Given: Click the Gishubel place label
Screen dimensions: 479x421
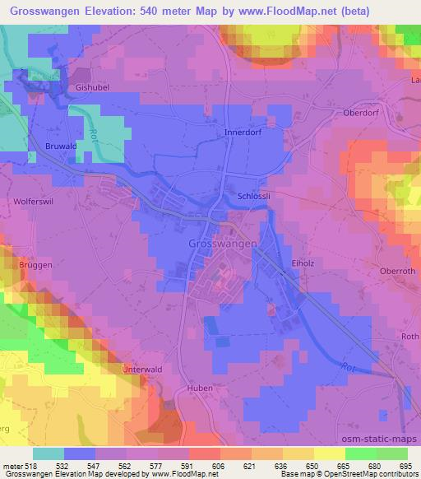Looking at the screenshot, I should (92, 86).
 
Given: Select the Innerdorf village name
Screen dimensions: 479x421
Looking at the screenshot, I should (242, 132).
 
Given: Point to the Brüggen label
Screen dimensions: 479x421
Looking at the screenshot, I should (26, 267).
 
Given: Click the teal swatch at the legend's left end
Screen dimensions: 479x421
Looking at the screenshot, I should (48, 453).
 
